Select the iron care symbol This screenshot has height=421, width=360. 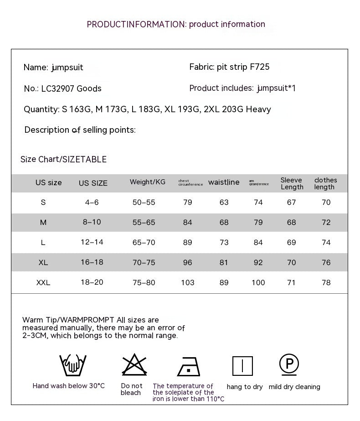point(189,366)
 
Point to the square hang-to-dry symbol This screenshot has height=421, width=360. point(242,366)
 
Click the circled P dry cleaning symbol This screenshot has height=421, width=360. point(289,364)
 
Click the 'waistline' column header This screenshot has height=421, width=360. point(224,182)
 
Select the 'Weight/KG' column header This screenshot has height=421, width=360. point(148,182)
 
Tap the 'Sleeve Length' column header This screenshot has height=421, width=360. point(292,183)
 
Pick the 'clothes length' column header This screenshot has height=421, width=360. point(325,183)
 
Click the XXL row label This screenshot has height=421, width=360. point(43,283)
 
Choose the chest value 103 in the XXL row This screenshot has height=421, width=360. point(188,283)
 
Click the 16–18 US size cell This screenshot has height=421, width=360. point(92,262)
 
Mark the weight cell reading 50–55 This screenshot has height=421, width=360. point(144,203)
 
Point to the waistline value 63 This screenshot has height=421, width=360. point(224,203)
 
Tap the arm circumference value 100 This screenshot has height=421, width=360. point(258,283)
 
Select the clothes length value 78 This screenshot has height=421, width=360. point(326,283)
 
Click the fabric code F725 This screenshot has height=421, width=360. point(260,67)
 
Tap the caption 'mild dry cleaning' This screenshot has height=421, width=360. point(294,387)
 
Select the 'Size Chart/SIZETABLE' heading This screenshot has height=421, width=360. point(63,159)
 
